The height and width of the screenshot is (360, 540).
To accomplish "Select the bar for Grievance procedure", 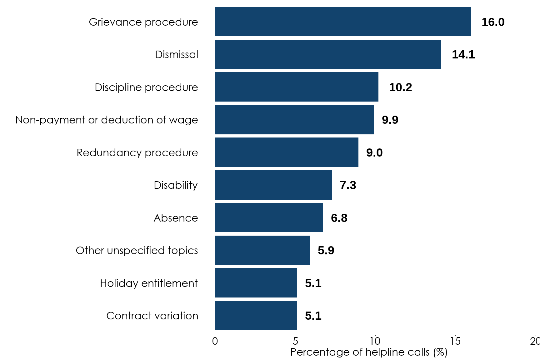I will (x=343, y=22).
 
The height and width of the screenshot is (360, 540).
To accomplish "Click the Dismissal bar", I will (x=328, y=54).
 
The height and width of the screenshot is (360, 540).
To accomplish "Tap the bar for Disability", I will (x=273, y=185).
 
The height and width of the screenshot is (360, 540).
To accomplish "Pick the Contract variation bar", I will (x=256, y=316).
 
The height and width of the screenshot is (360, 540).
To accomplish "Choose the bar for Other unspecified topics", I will (x=262, y=250).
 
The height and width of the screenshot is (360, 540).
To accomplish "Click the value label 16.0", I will (x=493, y=22).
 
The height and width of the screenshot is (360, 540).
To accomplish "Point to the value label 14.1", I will (x=463, y=55).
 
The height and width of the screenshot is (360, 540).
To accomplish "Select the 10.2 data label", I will (x=400, y=87).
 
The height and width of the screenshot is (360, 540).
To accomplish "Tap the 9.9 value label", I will (x=390, y=120).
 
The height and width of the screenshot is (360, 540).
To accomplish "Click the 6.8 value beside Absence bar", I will (x=339, y=218).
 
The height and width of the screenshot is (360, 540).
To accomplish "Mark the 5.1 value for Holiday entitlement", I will (x=313, y=283).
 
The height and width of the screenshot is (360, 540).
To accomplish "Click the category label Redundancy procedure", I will (x=137, y=152).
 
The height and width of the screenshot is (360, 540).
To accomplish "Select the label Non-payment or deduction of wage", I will (x=107, y=120).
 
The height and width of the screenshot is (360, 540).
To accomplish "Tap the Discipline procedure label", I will (x=146, y=87).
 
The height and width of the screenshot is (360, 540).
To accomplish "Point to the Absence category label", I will (x=176, y=218).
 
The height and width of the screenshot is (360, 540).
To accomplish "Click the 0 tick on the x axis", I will (x=215, y=341).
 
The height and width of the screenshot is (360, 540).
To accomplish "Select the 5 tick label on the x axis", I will (x=295, y=341).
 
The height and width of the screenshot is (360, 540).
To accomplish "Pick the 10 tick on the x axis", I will (x=375, y=341).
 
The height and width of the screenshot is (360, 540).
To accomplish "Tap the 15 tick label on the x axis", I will (x=455, y=341).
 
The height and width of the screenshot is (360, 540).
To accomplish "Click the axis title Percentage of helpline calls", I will (x=369, y=352).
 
